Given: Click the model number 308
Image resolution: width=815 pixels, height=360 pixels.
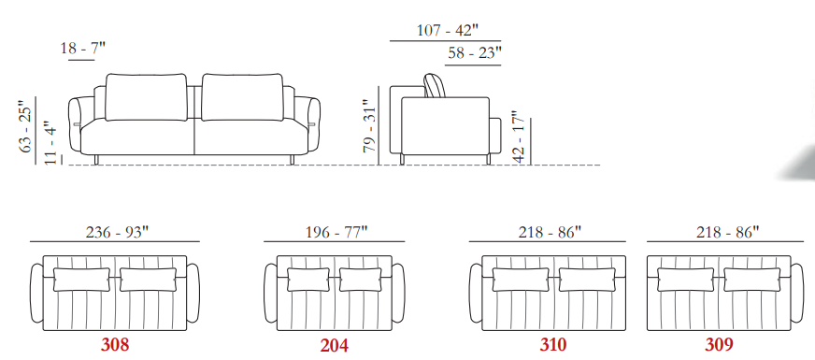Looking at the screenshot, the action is click(115, 344).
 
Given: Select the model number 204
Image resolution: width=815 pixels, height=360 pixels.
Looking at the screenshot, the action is click(335, 345).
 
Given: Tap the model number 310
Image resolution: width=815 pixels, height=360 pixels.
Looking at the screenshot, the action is click(553, 344).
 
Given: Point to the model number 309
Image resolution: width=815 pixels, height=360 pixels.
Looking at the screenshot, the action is click(719, 344).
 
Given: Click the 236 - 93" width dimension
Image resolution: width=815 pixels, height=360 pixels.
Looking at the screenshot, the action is click(117, 232).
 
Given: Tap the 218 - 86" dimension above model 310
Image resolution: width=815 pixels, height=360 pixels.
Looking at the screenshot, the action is click(549, 232).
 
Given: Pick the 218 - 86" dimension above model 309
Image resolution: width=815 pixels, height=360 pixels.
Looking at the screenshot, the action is click(727, 232).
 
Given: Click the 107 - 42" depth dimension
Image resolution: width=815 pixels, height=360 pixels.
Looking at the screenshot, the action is click(447, 30).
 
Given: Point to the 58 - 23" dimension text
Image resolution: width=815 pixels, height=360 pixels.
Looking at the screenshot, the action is click(475, 53).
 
